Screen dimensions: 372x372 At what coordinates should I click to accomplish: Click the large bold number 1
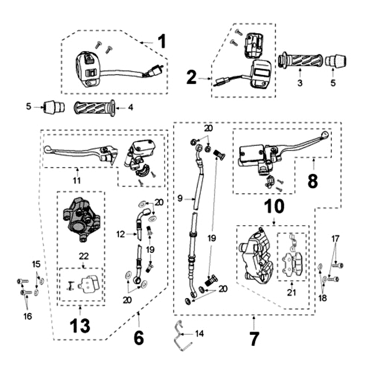(x=162, y=41)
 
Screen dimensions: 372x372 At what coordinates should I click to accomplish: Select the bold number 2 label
(x=192, y=77)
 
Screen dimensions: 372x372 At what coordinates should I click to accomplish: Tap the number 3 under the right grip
(x=300, y=83)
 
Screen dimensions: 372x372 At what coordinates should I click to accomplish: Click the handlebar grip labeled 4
(x=95, y=108)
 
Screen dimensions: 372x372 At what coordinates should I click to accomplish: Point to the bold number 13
(x=80, y=326)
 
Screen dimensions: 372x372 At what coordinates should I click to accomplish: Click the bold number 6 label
(x=139, y=338)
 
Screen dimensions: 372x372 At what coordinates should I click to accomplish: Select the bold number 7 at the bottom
(x=254, y=339)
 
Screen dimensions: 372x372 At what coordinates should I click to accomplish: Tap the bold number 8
(x=312, y=181)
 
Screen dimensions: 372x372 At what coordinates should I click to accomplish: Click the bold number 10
(x=274, y=206)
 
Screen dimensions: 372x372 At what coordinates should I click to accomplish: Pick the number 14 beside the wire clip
(x=199, y=333)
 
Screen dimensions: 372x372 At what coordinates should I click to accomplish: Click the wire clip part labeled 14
(x=181, y=335)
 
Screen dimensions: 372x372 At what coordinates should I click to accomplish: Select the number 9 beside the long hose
(x=180, y=198)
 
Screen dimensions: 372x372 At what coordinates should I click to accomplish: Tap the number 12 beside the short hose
(x=120, y=234)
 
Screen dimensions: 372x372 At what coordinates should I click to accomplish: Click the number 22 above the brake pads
(x=84, y=256)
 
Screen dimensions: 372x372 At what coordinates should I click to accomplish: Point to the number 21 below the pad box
(x=292, y=292)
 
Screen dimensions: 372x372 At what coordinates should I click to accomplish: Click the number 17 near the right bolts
(x=335, y=239)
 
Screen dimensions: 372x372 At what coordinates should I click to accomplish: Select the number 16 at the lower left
(x=27, y=316)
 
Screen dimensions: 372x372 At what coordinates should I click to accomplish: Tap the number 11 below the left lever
(x=77, y=180)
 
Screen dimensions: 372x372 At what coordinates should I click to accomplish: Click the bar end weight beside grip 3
(x=335, y=61)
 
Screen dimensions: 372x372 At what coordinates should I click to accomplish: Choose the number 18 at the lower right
(x=322, y=298)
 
